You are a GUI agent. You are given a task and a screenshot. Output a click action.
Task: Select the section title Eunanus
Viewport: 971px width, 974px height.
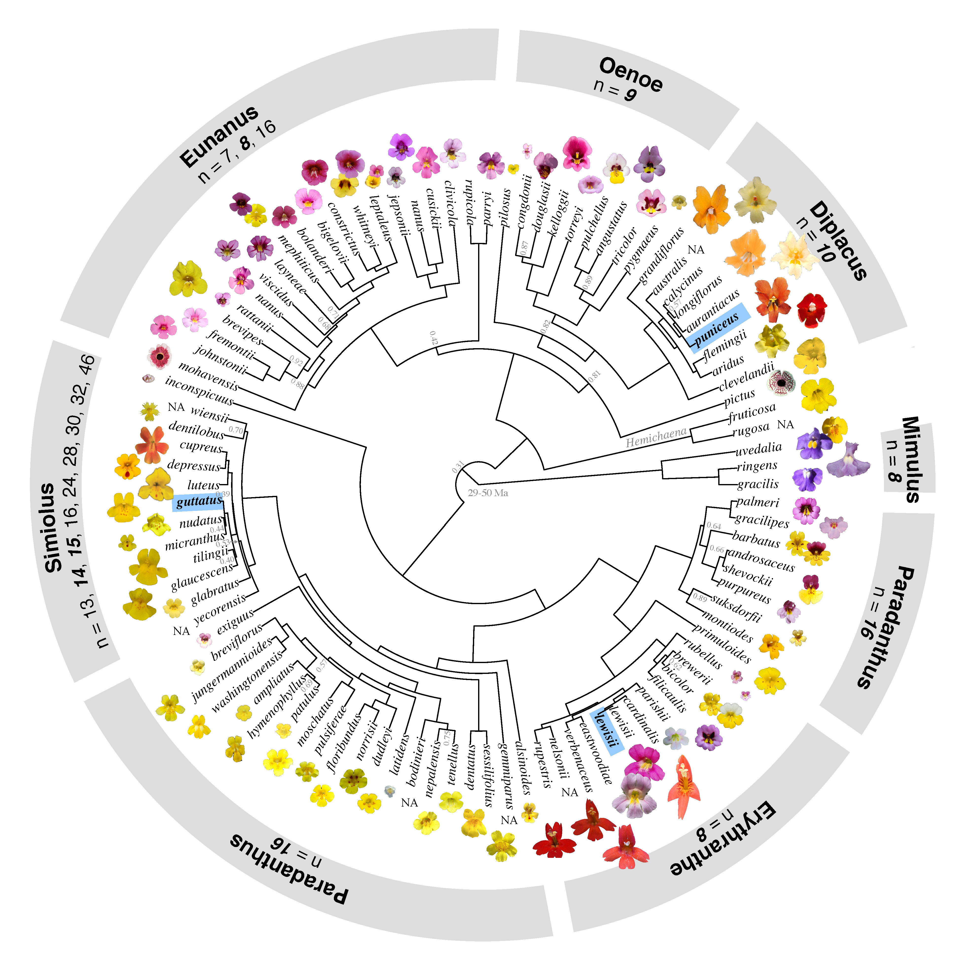[219, 136]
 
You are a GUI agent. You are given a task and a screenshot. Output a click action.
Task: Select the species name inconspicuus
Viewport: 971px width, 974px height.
[199, 391]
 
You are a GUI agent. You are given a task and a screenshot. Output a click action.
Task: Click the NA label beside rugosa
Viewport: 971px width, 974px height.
[786, 424]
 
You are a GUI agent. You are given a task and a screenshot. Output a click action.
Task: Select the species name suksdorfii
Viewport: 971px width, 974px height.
[736, 608]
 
